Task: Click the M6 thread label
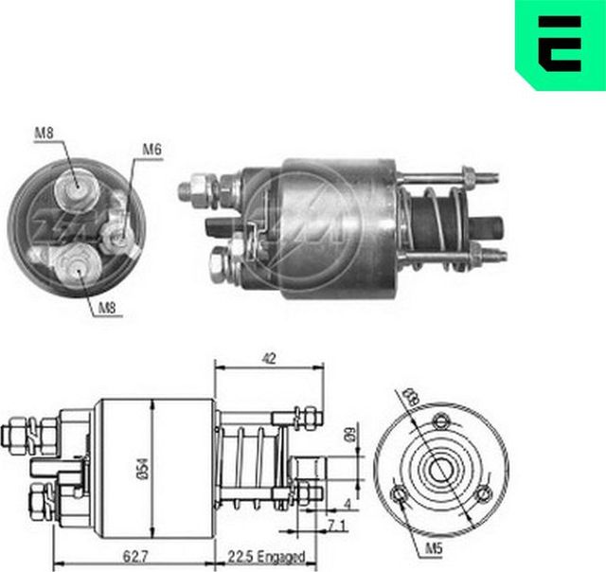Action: (x=152, y=149)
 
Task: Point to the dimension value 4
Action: (x=348, y=503)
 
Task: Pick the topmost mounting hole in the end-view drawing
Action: (x=439, y=421)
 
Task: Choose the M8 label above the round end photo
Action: (x=44, y=133)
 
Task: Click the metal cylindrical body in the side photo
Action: (x=331, y=227)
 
